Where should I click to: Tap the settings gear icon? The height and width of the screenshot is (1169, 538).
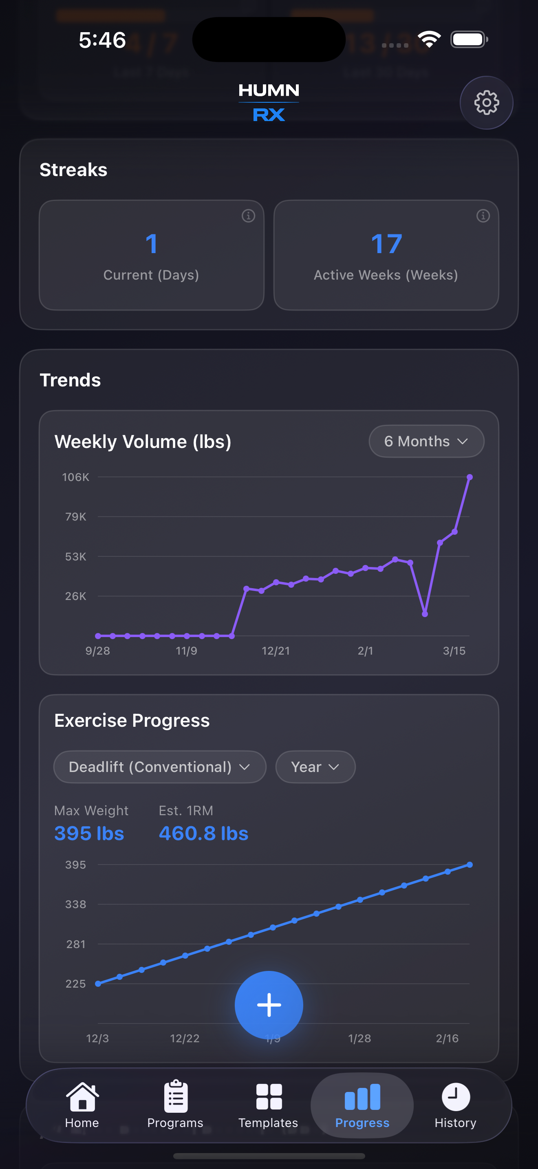(486, 103)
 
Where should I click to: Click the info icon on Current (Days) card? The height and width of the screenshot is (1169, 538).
(248, 216)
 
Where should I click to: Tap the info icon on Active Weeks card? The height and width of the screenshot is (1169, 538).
(483, 216)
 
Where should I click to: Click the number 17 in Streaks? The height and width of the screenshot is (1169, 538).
(386, 244)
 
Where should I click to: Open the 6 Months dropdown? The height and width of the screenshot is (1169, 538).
(426, 441)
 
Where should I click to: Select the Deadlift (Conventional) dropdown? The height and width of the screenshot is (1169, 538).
(159, 767)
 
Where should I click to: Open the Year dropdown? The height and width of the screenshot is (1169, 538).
(315, 767)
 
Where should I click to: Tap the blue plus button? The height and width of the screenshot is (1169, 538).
(269, 1005)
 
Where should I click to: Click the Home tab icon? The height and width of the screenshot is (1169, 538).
(82, 1097)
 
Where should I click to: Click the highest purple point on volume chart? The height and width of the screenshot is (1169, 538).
(470, 477)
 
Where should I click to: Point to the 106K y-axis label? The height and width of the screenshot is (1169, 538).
(76, 477)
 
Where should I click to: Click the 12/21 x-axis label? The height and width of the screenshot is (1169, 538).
(276, 651)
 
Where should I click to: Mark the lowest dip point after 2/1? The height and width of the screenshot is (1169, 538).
(425, 614)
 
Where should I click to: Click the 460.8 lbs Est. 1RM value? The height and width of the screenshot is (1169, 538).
(203, 834)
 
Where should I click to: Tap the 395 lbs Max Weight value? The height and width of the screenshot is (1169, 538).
(89, 834)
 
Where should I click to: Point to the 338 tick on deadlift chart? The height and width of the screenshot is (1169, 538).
(76, 904)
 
